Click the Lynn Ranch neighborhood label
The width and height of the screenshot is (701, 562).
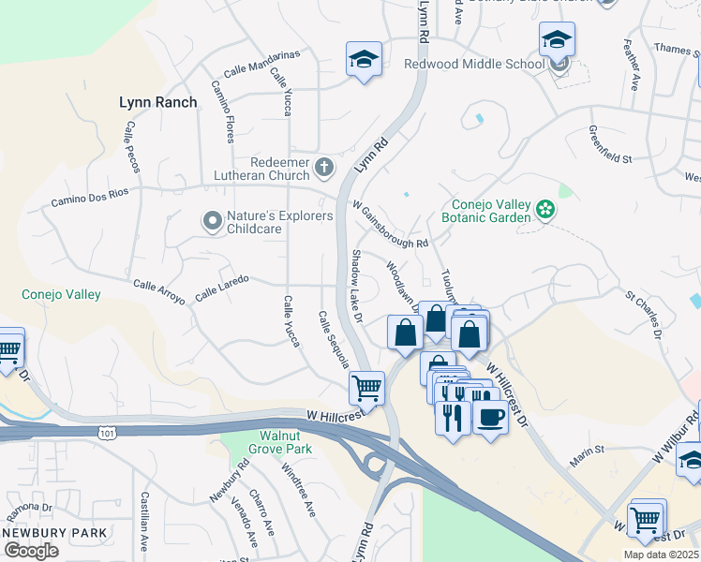click(x=158, y=102)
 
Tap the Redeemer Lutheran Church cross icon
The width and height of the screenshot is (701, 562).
click(x=324, y=169)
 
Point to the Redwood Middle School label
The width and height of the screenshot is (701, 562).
click(x=473, y=64)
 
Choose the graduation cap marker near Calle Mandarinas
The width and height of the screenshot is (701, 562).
click(x=364, y=60)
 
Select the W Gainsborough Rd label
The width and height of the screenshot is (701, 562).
click(x=390, y=225)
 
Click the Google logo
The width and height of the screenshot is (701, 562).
click(x=31, y=550)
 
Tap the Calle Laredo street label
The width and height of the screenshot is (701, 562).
click(x=222, y=288)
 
